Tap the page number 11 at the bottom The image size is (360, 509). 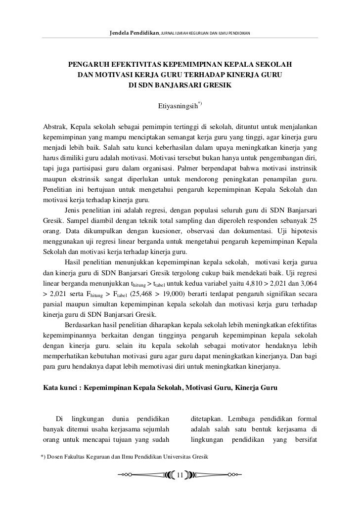180,475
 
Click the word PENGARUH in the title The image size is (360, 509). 89,65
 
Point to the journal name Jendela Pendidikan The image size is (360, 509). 135,33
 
